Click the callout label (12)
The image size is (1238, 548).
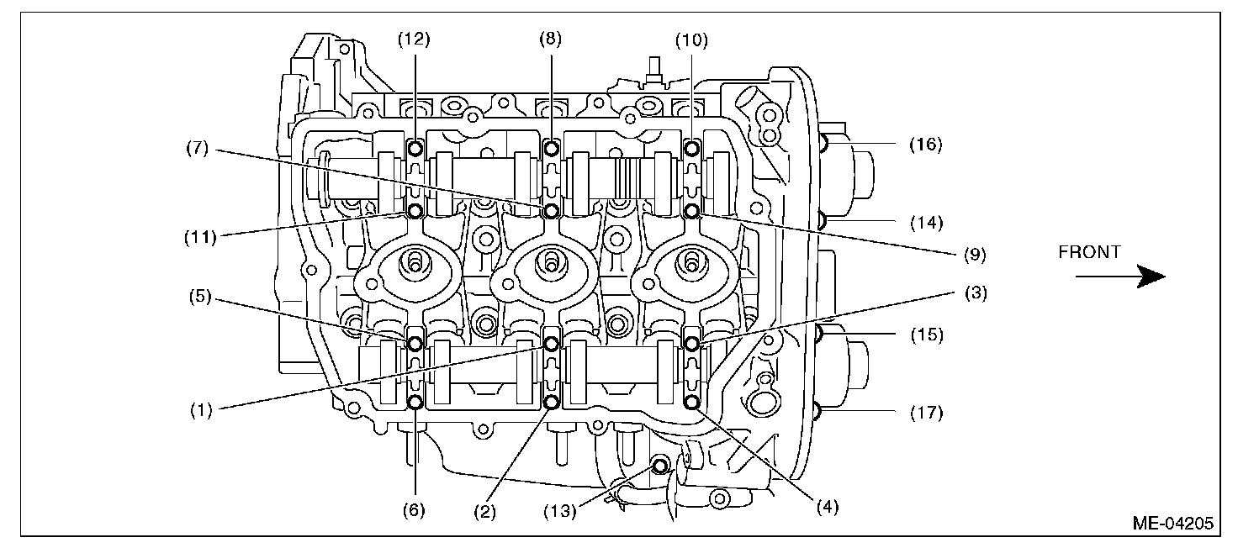coord(415,39)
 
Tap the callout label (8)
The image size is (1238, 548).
coord(551,39)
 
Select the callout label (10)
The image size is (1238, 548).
coord(691,39)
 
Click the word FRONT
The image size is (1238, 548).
coord(1089,252)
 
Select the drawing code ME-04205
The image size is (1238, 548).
coord(1172,524)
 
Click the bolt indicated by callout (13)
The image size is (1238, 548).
coord(660,464)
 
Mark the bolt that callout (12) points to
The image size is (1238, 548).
coord(415,149)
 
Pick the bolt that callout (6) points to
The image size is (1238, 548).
coord(415,402)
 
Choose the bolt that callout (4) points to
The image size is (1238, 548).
coord(691,403)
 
